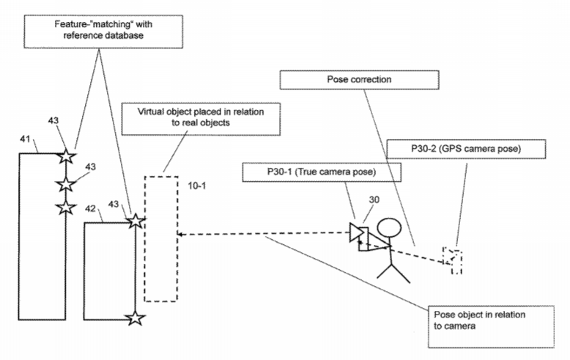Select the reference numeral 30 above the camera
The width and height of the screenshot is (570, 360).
click(x=375, y=199)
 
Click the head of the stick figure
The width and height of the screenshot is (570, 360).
click(x=392, y=229)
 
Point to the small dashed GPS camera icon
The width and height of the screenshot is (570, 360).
click(x=452, y=260)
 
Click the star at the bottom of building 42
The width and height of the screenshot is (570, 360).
click(x=134, y=317)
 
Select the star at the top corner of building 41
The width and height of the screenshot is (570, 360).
click(x=66, y=156)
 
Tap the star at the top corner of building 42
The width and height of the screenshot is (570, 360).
click(x=134, y=220)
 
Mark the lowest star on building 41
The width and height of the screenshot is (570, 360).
click(x=66, y=207)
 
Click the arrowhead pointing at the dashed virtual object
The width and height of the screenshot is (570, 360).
click(x=181, y=235)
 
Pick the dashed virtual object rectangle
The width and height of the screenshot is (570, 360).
click(x=160, y=238)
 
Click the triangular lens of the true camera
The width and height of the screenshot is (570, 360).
click(x=356, y=233)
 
